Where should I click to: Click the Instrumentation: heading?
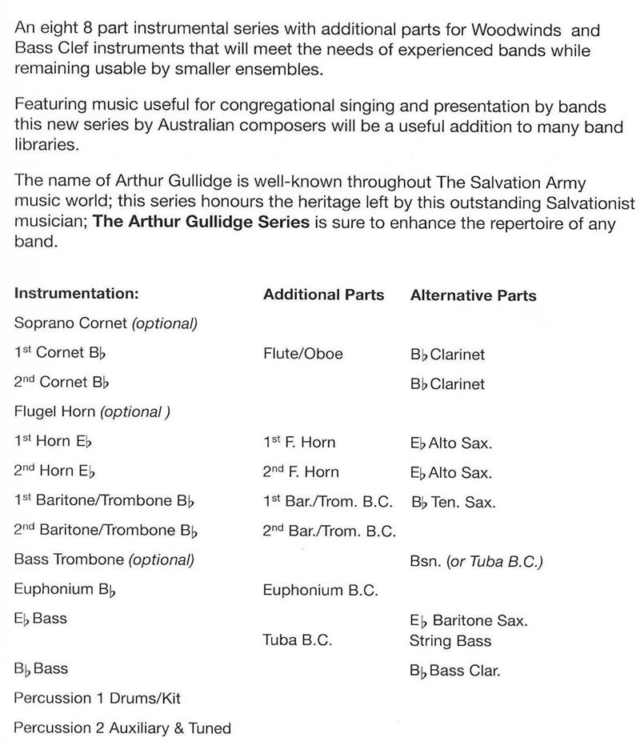pos(77,294)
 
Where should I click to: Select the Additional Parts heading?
pos(323,295)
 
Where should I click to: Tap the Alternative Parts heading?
pos(473,295)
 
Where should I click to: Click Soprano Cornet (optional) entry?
pos(105,323)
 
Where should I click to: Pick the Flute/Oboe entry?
pos(302,353)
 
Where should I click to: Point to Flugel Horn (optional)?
pos(93,412)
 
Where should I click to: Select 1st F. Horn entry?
pos(299,442)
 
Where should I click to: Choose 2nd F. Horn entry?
pos(301,471)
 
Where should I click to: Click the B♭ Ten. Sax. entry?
pos(453,503)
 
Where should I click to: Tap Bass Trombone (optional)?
pos(104,559)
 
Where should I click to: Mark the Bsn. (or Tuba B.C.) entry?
pos(476,561)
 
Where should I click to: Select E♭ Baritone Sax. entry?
pos(468,620)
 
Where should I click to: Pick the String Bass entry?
pos(450,640)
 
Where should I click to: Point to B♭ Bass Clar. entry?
pos(454,671)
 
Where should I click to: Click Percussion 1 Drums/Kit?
pos(98,698)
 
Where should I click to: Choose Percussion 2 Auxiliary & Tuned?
pos(122,728)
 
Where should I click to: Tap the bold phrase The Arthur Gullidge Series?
pos(202,222)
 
